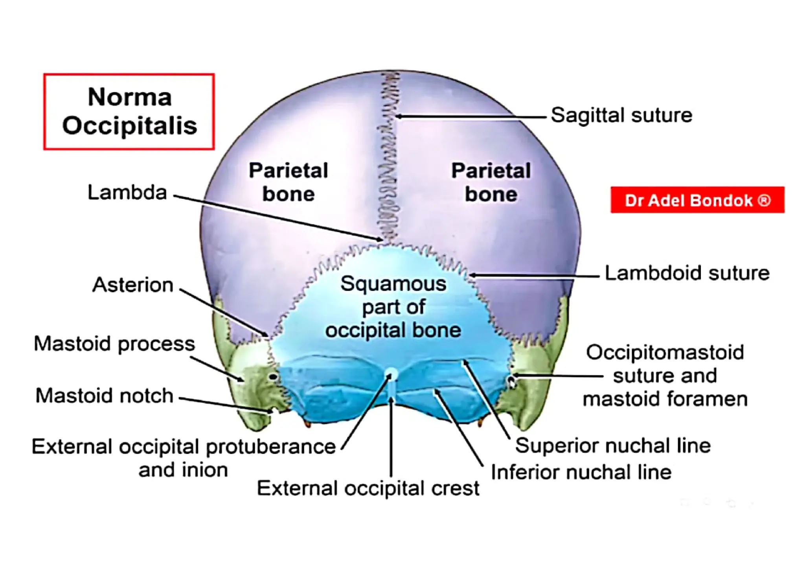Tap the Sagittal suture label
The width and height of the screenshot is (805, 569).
pyautogui.click(x=621, y=116)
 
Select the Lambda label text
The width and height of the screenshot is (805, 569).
pyautogui.click(x=127, y=193)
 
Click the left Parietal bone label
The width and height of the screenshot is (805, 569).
pyautogui.click(x=289, y=182)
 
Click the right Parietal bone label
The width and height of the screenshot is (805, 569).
pyautogui.click(x=491, y=182)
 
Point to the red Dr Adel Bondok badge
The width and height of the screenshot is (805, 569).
pyautogui.click(x=697, y=200)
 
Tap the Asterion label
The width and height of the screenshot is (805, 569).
pyautogui.click(x=133, y=285)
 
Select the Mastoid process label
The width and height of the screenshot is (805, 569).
pyautogui.click(x=114, y=344)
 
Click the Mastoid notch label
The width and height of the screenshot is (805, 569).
pyautogui.click(x=105, y=396)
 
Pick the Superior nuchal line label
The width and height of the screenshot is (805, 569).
pyautogui.click(x=613, y=446)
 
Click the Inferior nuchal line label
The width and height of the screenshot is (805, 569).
pyautogui.click(x=581, y=472)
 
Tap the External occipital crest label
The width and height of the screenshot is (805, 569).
pyautogui.click(x=368, y=488)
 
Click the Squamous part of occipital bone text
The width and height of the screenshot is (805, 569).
pyautogui.click(x=393, y=307)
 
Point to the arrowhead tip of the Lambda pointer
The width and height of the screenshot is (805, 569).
pyautogui.click(x=382, y=239)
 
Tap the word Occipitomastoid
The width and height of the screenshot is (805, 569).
pyautogui.click(x=665, y=352)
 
